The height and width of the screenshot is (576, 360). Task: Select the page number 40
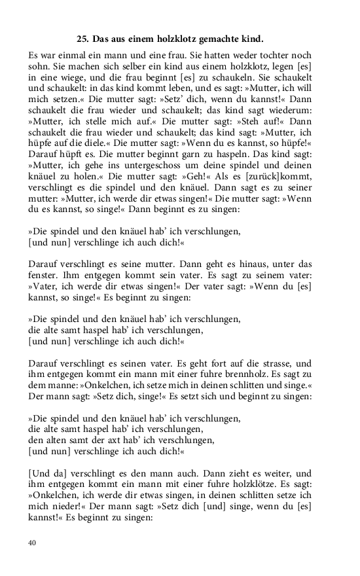[x=33, y=543]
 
